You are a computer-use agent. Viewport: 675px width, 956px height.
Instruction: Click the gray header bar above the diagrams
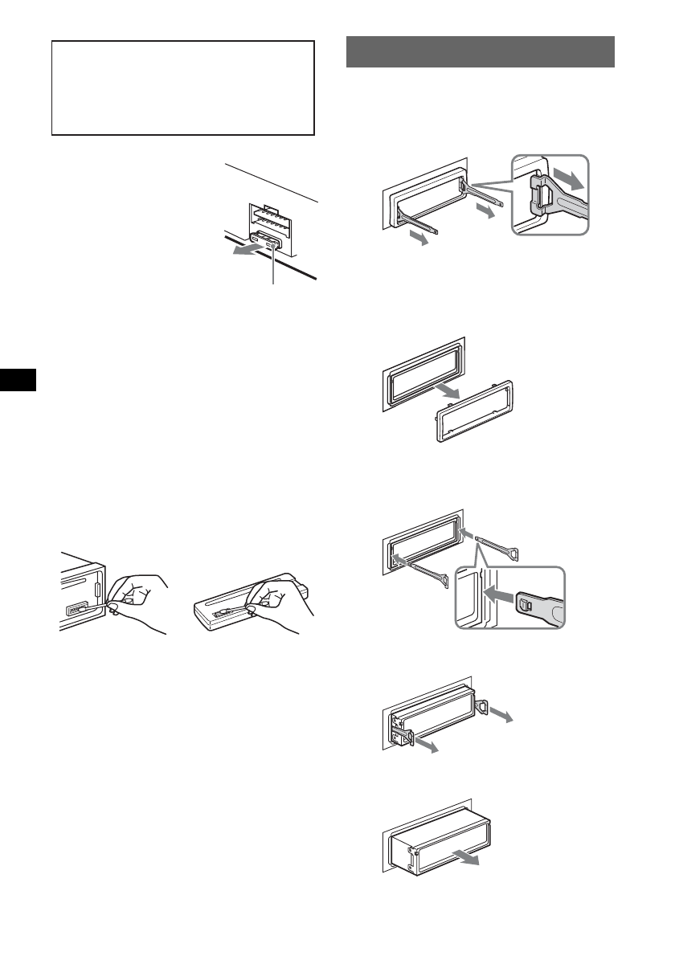pos(480,51)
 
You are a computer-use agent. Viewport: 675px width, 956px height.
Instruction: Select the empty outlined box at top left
pos(182,88)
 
